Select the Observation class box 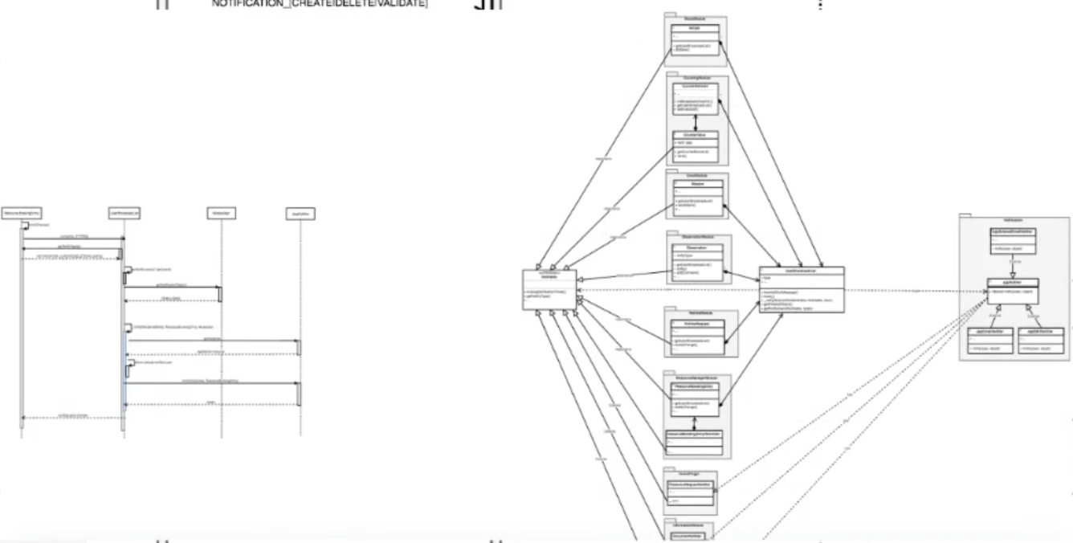coord(696,259)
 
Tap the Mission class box coord(696,196)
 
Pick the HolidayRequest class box coord(696,333)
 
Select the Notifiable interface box coord(549,287)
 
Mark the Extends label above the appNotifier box coord(1014,261)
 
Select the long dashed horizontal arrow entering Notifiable coord(667,289)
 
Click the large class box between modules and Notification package coord(801,289)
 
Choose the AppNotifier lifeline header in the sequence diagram coord(298,213)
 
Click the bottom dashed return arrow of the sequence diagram coord(72,417)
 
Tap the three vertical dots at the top coord(820,4)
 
